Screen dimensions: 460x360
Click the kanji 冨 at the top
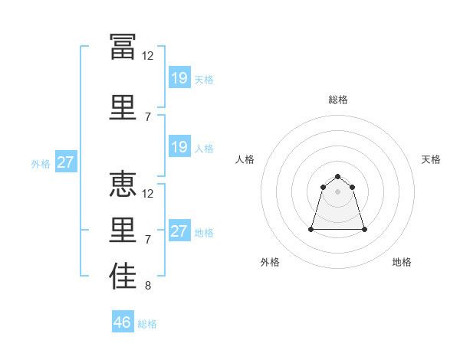[123, 47]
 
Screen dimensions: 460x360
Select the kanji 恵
[123, 184]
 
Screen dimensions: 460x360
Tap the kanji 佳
[123, 276]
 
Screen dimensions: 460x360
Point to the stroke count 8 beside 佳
[148, 286]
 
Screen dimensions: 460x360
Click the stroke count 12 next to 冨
[147, 56]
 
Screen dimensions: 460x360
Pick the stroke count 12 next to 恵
[147, 194]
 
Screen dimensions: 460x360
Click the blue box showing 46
[123, 321]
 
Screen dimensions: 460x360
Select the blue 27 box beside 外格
[66, 162]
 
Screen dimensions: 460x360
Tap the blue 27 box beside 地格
[179, 230]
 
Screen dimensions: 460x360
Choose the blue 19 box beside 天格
[179, 77]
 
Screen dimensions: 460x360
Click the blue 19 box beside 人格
[179, 146]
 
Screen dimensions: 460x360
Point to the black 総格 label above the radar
[338, 100]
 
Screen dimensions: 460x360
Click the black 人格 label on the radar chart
[245, 159]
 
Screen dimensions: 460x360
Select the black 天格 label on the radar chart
[431, 159]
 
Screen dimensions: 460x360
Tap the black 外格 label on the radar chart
[270, 262]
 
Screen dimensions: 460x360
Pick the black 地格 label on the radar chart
[402, 262]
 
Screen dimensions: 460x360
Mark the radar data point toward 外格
[311, 229]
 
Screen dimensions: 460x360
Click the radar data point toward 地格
[364, 229]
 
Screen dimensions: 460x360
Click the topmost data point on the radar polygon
[337, 176]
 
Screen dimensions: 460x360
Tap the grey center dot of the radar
[337, 191]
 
